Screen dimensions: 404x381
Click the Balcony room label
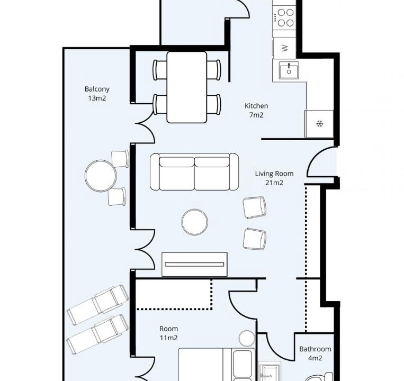97,89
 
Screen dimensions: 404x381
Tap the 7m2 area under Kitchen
256,115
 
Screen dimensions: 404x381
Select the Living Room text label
274,174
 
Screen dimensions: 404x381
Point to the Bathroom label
315,349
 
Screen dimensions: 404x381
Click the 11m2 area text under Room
169,338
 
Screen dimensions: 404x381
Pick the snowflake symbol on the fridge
320,124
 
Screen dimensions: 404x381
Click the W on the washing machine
285,48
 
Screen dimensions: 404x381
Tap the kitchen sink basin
289,71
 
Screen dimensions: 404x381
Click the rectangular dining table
187,87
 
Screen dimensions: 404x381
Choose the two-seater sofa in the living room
194,171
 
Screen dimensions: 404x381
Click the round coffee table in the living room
194,222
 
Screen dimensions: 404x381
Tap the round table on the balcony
101,176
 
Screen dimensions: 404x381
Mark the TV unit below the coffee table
194,265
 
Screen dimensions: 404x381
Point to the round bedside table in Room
247,338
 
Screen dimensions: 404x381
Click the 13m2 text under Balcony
97,98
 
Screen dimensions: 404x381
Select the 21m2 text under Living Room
274,183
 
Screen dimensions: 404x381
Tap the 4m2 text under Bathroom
315,358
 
